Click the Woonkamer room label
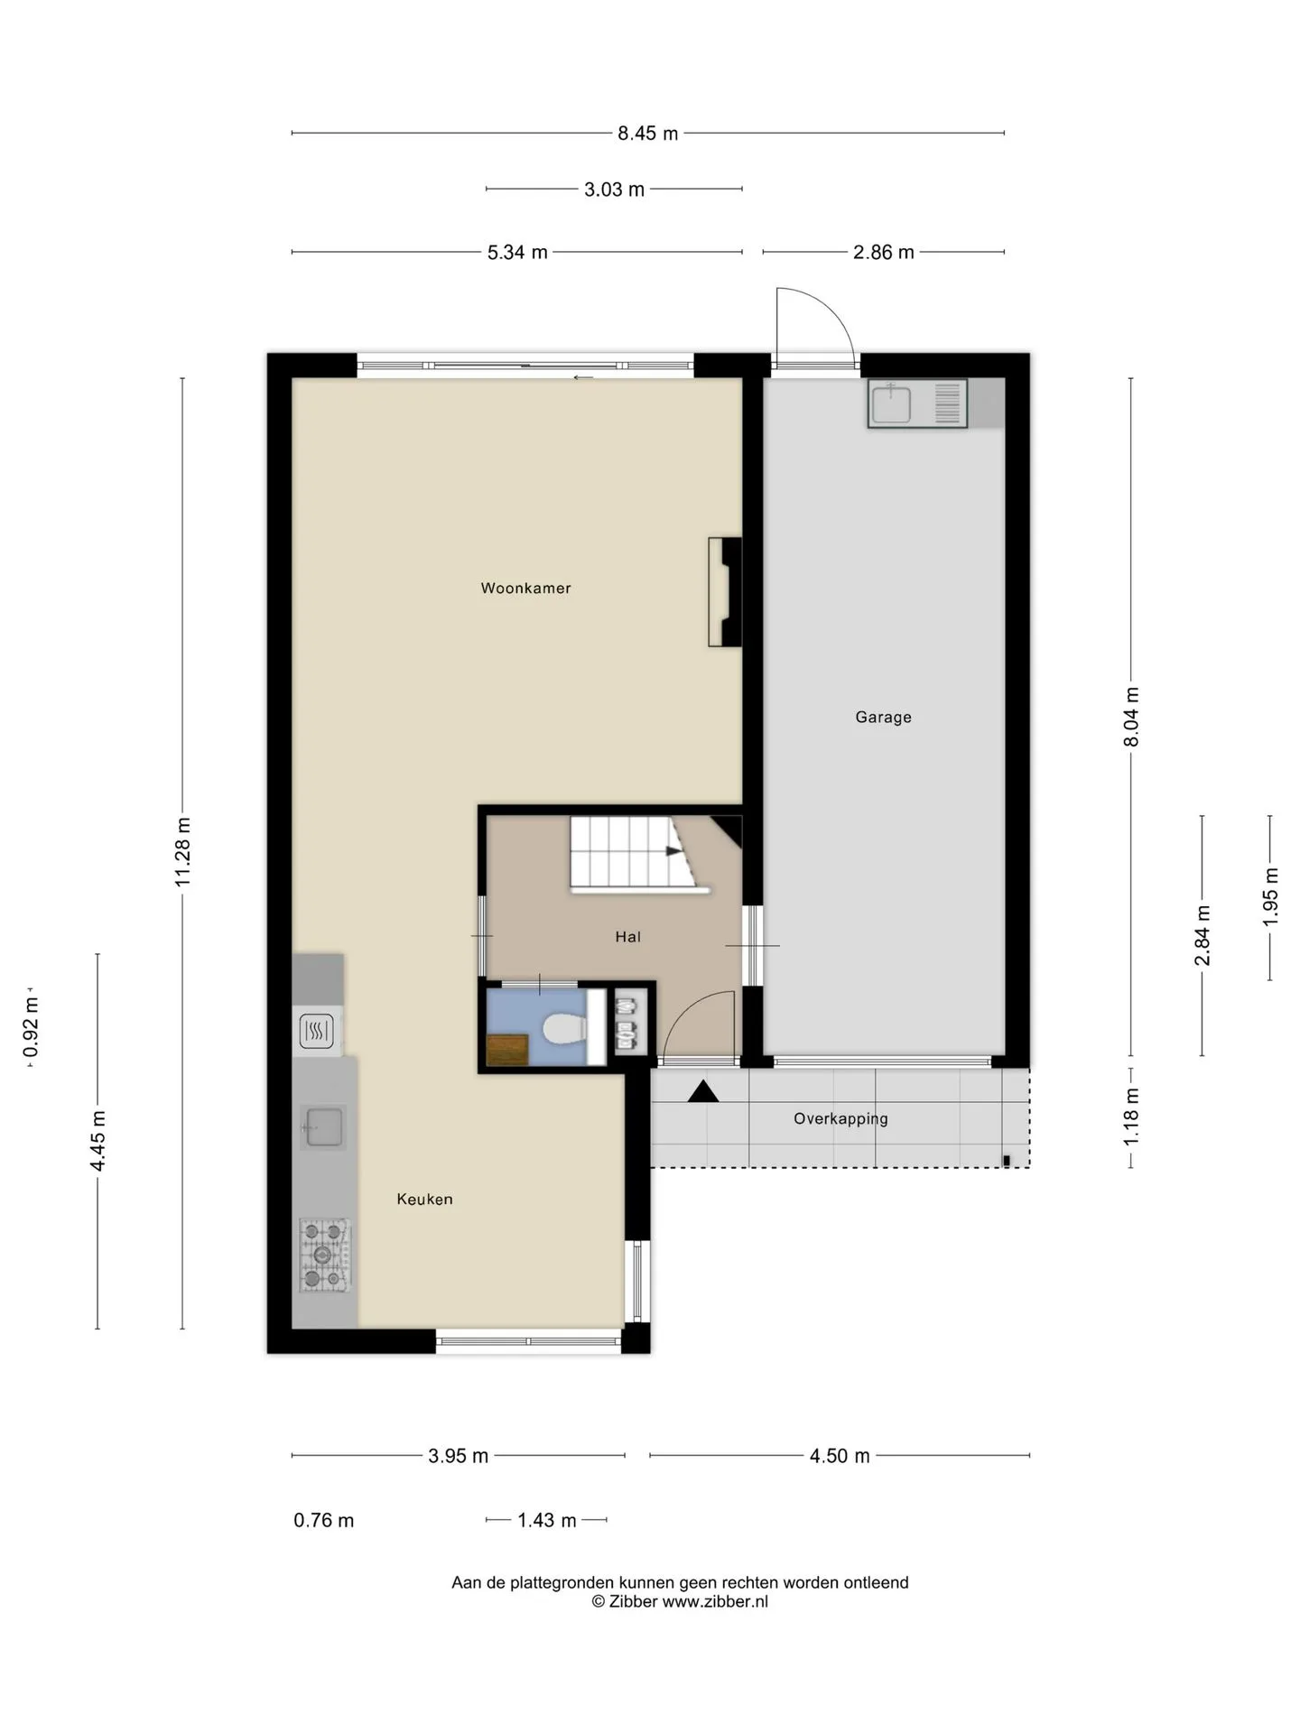pos(525,588)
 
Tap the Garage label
pos(883,718)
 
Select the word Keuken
pos(424,1200)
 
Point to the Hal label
pos(628,937)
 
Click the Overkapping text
pos(840,1119)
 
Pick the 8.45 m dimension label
pos(647,134)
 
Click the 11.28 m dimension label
pos(183,852)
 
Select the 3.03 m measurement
pos(614,190)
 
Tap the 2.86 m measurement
pos(883,253)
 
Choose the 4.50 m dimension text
pos(840,1456)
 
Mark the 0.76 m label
pos(324,1521)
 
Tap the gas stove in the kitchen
pos(325,1255)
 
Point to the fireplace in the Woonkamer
pos(725,592)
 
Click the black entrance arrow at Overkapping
pos(703,1091)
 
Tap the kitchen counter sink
pos(323,1127)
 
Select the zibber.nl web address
pos(715,1602)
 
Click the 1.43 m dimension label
pos(547,1521)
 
